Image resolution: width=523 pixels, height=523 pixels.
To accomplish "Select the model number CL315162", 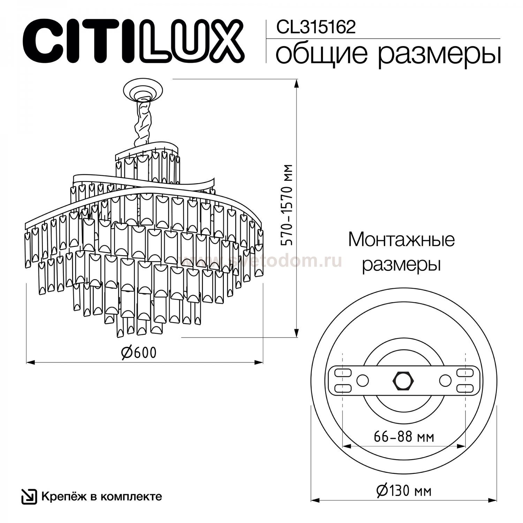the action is pos(315,27).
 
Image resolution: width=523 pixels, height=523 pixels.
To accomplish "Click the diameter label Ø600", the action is pos(139,353).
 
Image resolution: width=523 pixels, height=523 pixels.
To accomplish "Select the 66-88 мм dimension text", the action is pos(404,437).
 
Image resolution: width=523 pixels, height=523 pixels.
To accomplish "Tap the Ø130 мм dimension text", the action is pos(404,491).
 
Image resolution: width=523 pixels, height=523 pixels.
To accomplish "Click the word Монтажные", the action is pos(401,240).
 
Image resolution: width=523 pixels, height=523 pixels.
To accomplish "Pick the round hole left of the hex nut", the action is pos(362,380).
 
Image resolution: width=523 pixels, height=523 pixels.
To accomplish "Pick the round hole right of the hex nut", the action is pos(445,380).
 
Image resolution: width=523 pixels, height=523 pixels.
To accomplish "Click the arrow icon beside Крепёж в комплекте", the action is pos(29,497).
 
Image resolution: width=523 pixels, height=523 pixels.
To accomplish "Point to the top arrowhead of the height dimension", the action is pos(297,84).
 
